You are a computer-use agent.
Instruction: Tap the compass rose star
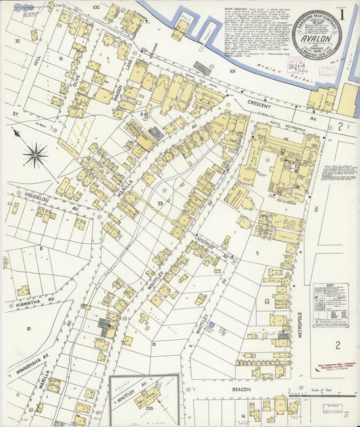[34, 155]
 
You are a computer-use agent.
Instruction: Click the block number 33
[160, 203]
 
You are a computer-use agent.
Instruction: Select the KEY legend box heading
[331, 287]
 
